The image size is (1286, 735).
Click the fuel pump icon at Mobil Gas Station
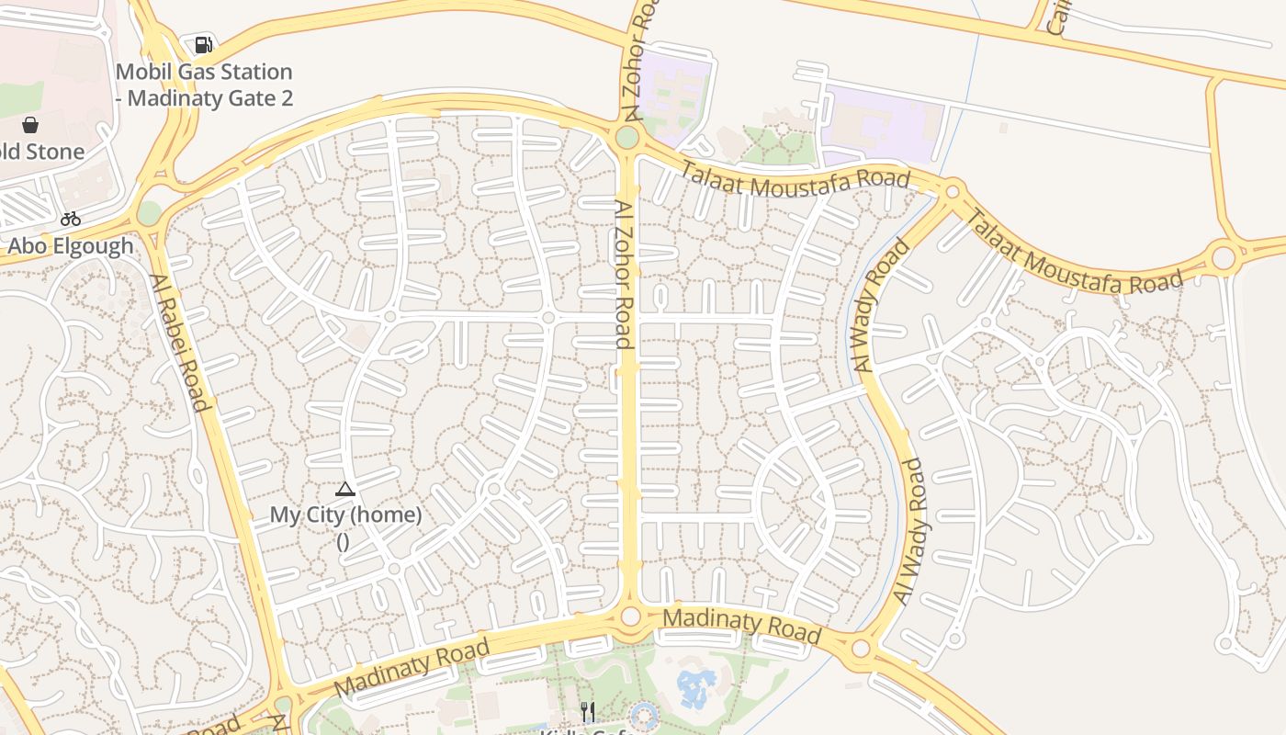point(204,44)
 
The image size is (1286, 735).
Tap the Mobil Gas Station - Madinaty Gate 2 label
point(205,85)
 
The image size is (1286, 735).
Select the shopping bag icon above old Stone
point(30,125)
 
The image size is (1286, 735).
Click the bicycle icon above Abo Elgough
point(71,219)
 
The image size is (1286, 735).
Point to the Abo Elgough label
point(71,246)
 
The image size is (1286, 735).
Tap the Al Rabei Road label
point(180,343)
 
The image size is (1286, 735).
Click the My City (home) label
point(345,514)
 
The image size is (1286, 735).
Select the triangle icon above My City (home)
point(345,489)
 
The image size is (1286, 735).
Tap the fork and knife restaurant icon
point(588,711)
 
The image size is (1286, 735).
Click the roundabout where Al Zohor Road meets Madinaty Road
point(630,616)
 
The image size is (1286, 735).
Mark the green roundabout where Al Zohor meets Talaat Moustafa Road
point(627,138)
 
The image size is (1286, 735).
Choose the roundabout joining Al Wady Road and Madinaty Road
point(861,649)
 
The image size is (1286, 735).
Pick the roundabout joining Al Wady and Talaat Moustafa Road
point(953,191)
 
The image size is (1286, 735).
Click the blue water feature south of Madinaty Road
point(696,686)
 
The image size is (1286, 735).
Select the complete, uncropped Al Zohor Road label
point(624,275)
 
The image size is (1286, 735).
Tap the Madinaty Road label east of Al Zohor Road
point(741,625)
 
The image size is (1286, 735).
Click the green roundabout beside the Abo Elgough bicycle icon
point(149,213)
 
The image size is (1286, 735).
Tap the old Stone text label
point(41,152)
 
